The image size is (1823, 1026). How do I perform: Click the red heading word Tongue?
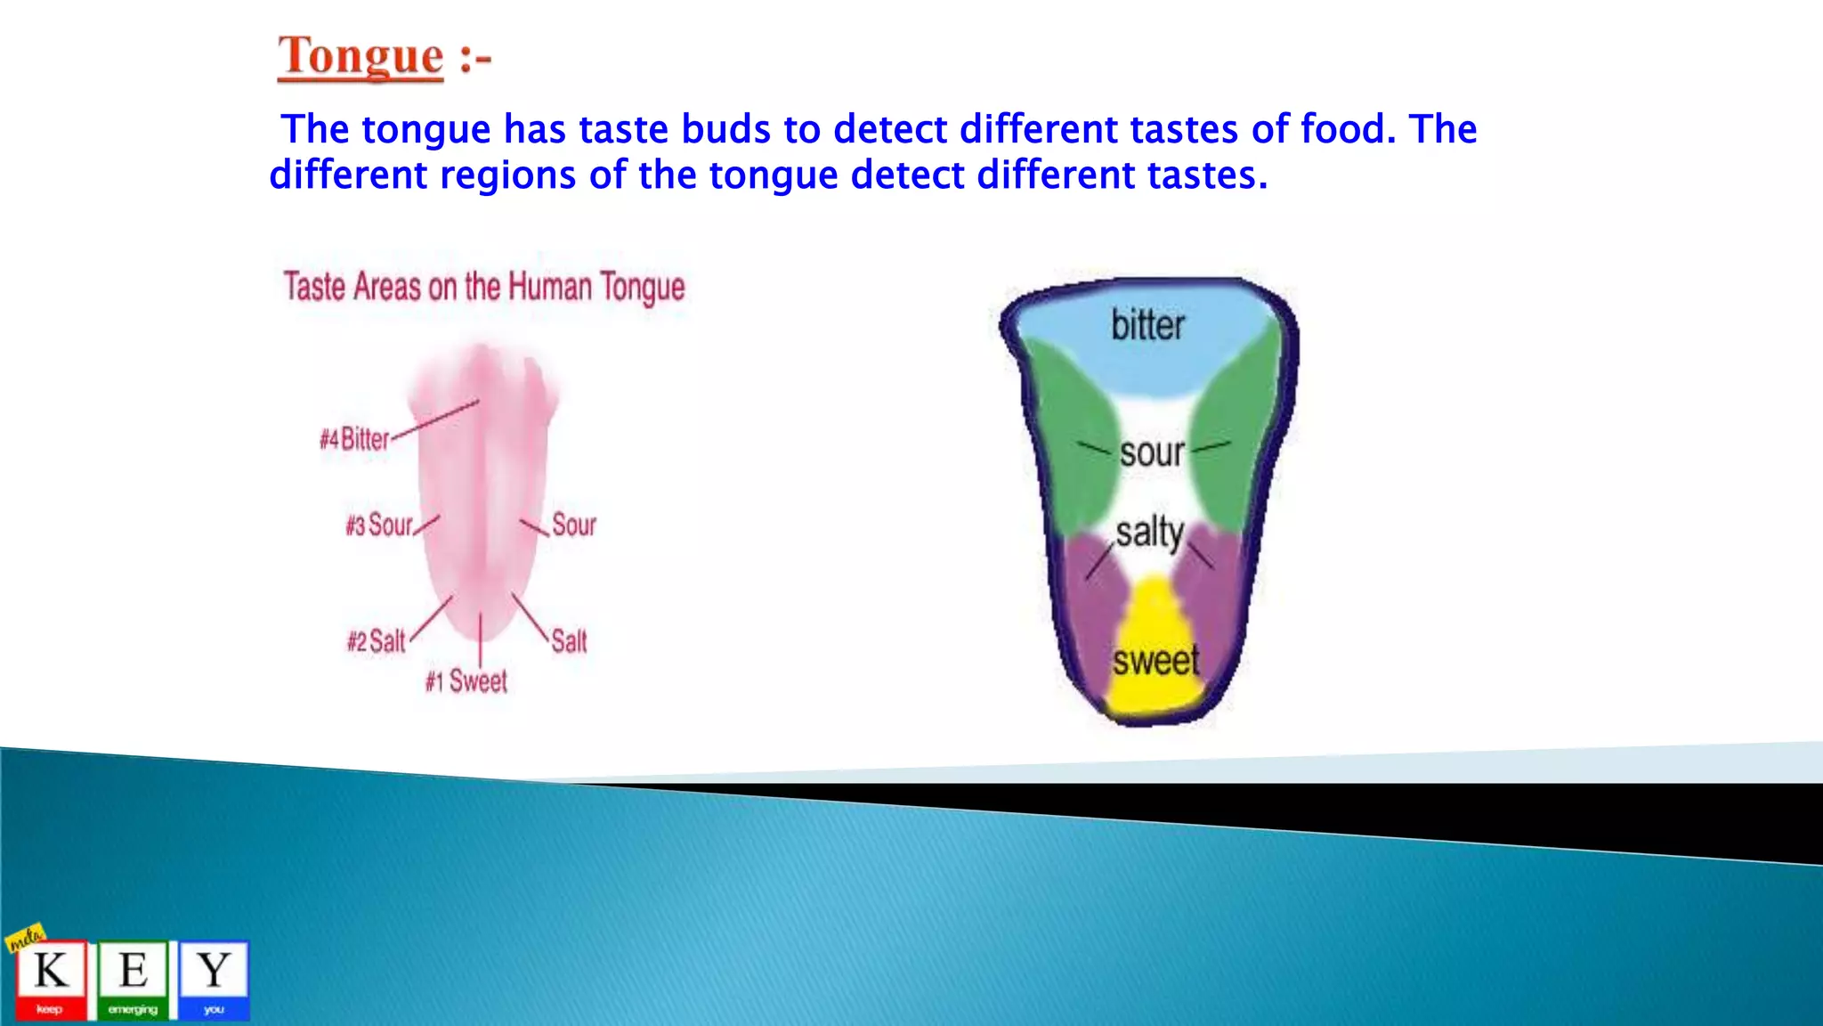(361, 56)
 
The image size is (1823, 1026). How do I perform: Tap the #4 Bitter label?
(354, 439)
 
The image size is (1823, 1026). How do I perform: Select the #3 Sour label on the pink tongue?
(380, 525)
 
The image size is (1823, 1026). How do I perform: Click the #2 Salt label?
(377, 641)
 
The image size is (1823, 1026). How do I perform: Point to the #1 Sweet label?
(466, 682)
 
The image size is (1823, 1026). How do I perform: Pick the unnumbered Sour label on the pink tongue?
(574, 525)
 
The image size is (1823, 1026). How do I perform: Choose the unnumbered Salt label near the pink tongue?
(570, 641)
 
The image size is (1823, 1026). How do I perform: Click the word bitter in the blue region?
(1147, 325)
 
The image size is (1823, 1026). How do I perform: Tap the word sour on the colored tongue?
(1152, 453)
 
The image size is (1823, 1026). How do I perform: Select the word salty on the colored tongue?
(1149, 533)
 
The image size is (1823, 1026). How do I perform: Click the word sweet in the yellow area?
(1155, 661)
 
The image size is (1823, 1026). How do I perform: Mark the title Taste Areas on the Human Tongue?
(484, 288)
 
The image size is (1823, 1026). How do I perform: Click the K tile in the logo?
(51, 979)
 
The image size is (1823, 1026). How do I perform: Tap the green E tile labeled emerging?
(133, 979)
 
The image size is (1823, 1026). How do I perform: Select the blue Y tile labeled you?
(214, 979)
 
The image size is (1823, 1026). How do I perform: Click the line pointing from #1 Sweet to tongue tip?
(481, 639)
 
